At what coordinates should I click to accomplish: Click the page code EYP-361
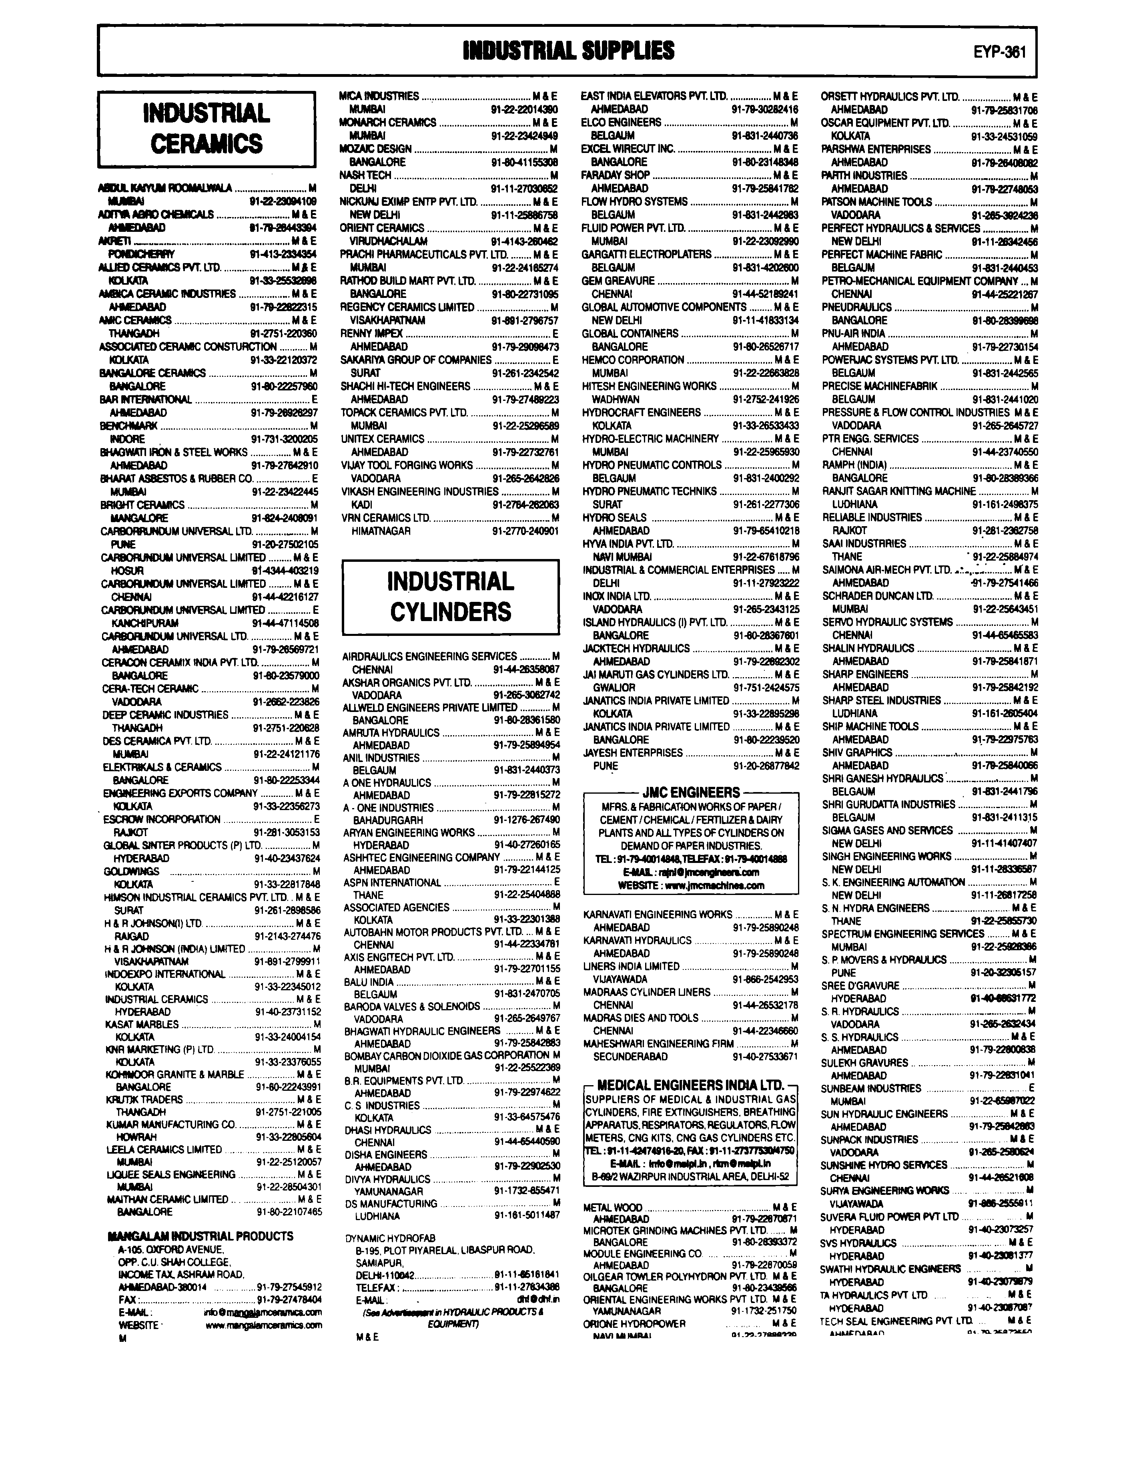pos(999,52)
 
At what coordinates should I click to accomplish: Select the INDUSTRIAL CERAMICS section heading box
pos(207,129)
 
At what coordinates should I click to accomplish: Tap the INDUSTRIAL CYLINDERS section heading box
pos(451,597)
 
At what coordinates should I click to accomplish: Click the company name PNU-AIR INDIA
pos(853,333)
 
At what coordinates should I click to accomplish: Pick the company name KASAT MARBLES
pos(142,1024)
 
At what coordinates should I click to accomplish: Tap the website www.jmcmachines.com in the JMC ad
pos(691,885)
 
